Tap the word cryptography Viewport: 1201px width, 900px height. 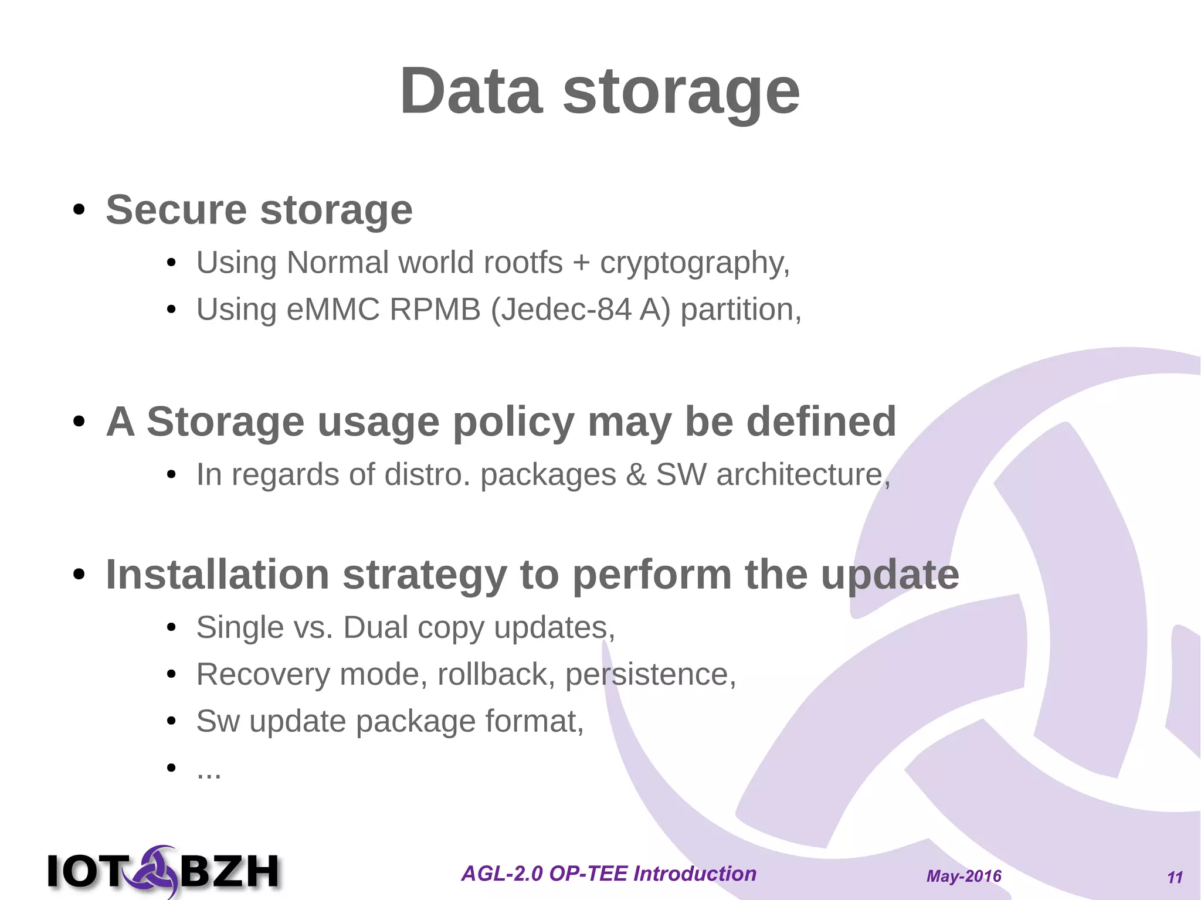tap(694, 263)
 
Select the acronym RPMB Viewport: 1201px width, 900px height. tap(435, 310)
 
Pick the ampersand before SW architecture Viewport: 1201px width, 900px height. tap(636, 474)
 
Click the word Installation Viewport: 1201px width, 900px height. tap(217, 575)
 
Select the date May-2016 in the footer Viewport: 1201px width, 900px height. tap(963, 876)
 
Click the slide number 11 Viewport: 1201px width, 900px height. tap(1175, 877)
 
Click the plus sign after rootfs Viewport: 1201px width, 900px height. tap(581, 263)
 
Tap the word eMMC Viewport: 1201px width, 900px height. tap(333, 310)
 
